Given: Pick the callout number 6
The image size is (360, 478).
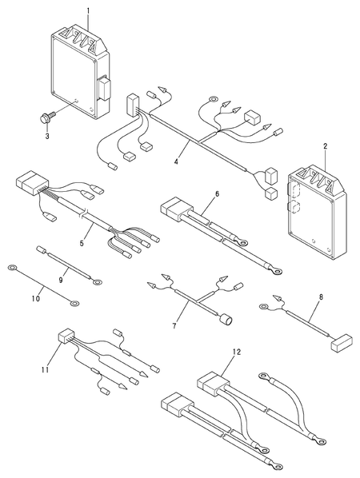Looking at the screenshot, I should pos(217,193).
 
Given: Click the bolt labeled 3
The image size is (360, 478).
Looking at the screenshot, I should pos(46,118).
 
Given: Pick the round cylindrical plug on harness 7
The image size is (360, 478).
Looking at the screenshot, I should pos(226,320).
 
